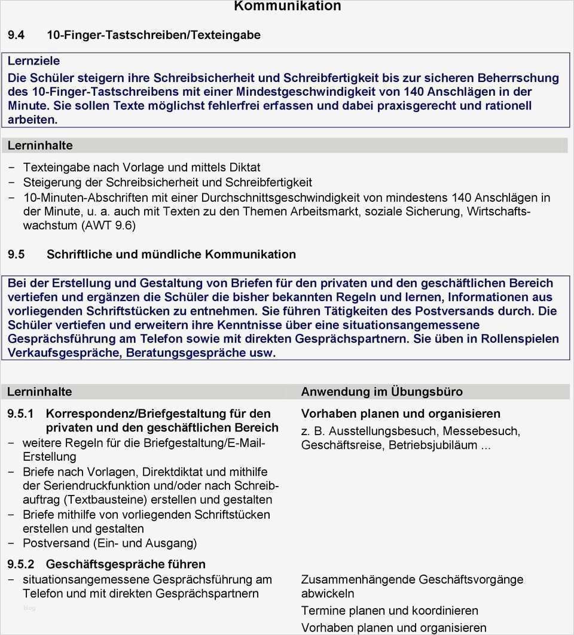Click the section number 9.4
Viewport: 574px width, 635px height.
coord(16,35)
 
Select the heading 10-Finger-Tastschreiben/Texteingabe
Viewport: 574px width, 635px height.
coord(154,35)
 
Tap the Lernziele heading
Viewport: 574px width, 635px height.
coord(33,61)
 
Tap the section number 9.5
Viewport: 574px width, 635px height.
coord(16,254)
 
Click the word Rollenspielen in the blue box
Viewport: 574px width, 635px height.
coord(520,339)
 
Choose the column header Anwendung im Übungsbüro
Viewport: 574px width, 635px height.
coord(381,392)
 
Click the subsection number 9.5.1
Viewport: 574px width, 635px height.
coord(22,414)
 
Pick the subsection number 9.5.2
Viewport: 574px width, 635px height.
coord(22,564)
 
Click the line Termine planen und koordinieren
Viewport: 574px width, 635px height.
coord(389,610)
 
